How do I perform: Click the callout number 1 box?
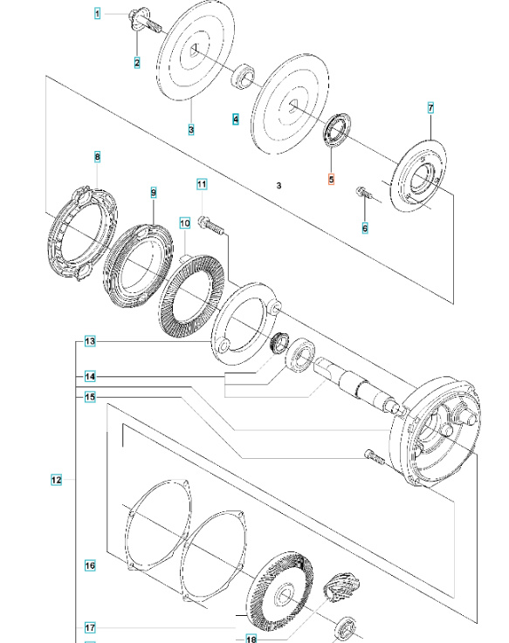click(x=98, y=13)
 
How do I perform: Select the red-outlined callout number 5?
click(x=330, y=180)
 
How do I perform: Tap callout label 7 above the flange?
click(x=430, y=108)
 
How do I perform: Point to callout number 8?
click(x=98, y=157)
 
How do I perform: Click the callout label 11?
click(x=202, y=184)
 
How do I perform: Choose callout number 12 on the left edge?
click(x=56, y=480)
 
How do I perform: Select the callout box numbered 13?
click(x=90, y=341)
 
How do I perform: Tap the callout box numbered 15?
click(x=90, y=397)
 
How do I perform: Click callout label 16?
click(x=90, y=566)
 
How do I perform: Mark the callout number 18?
click(x=251, y=639)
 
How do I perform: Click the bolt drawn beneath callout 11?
click(x=210, y=225)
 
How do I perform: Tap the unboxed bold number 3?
click(x=278, y=186)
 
